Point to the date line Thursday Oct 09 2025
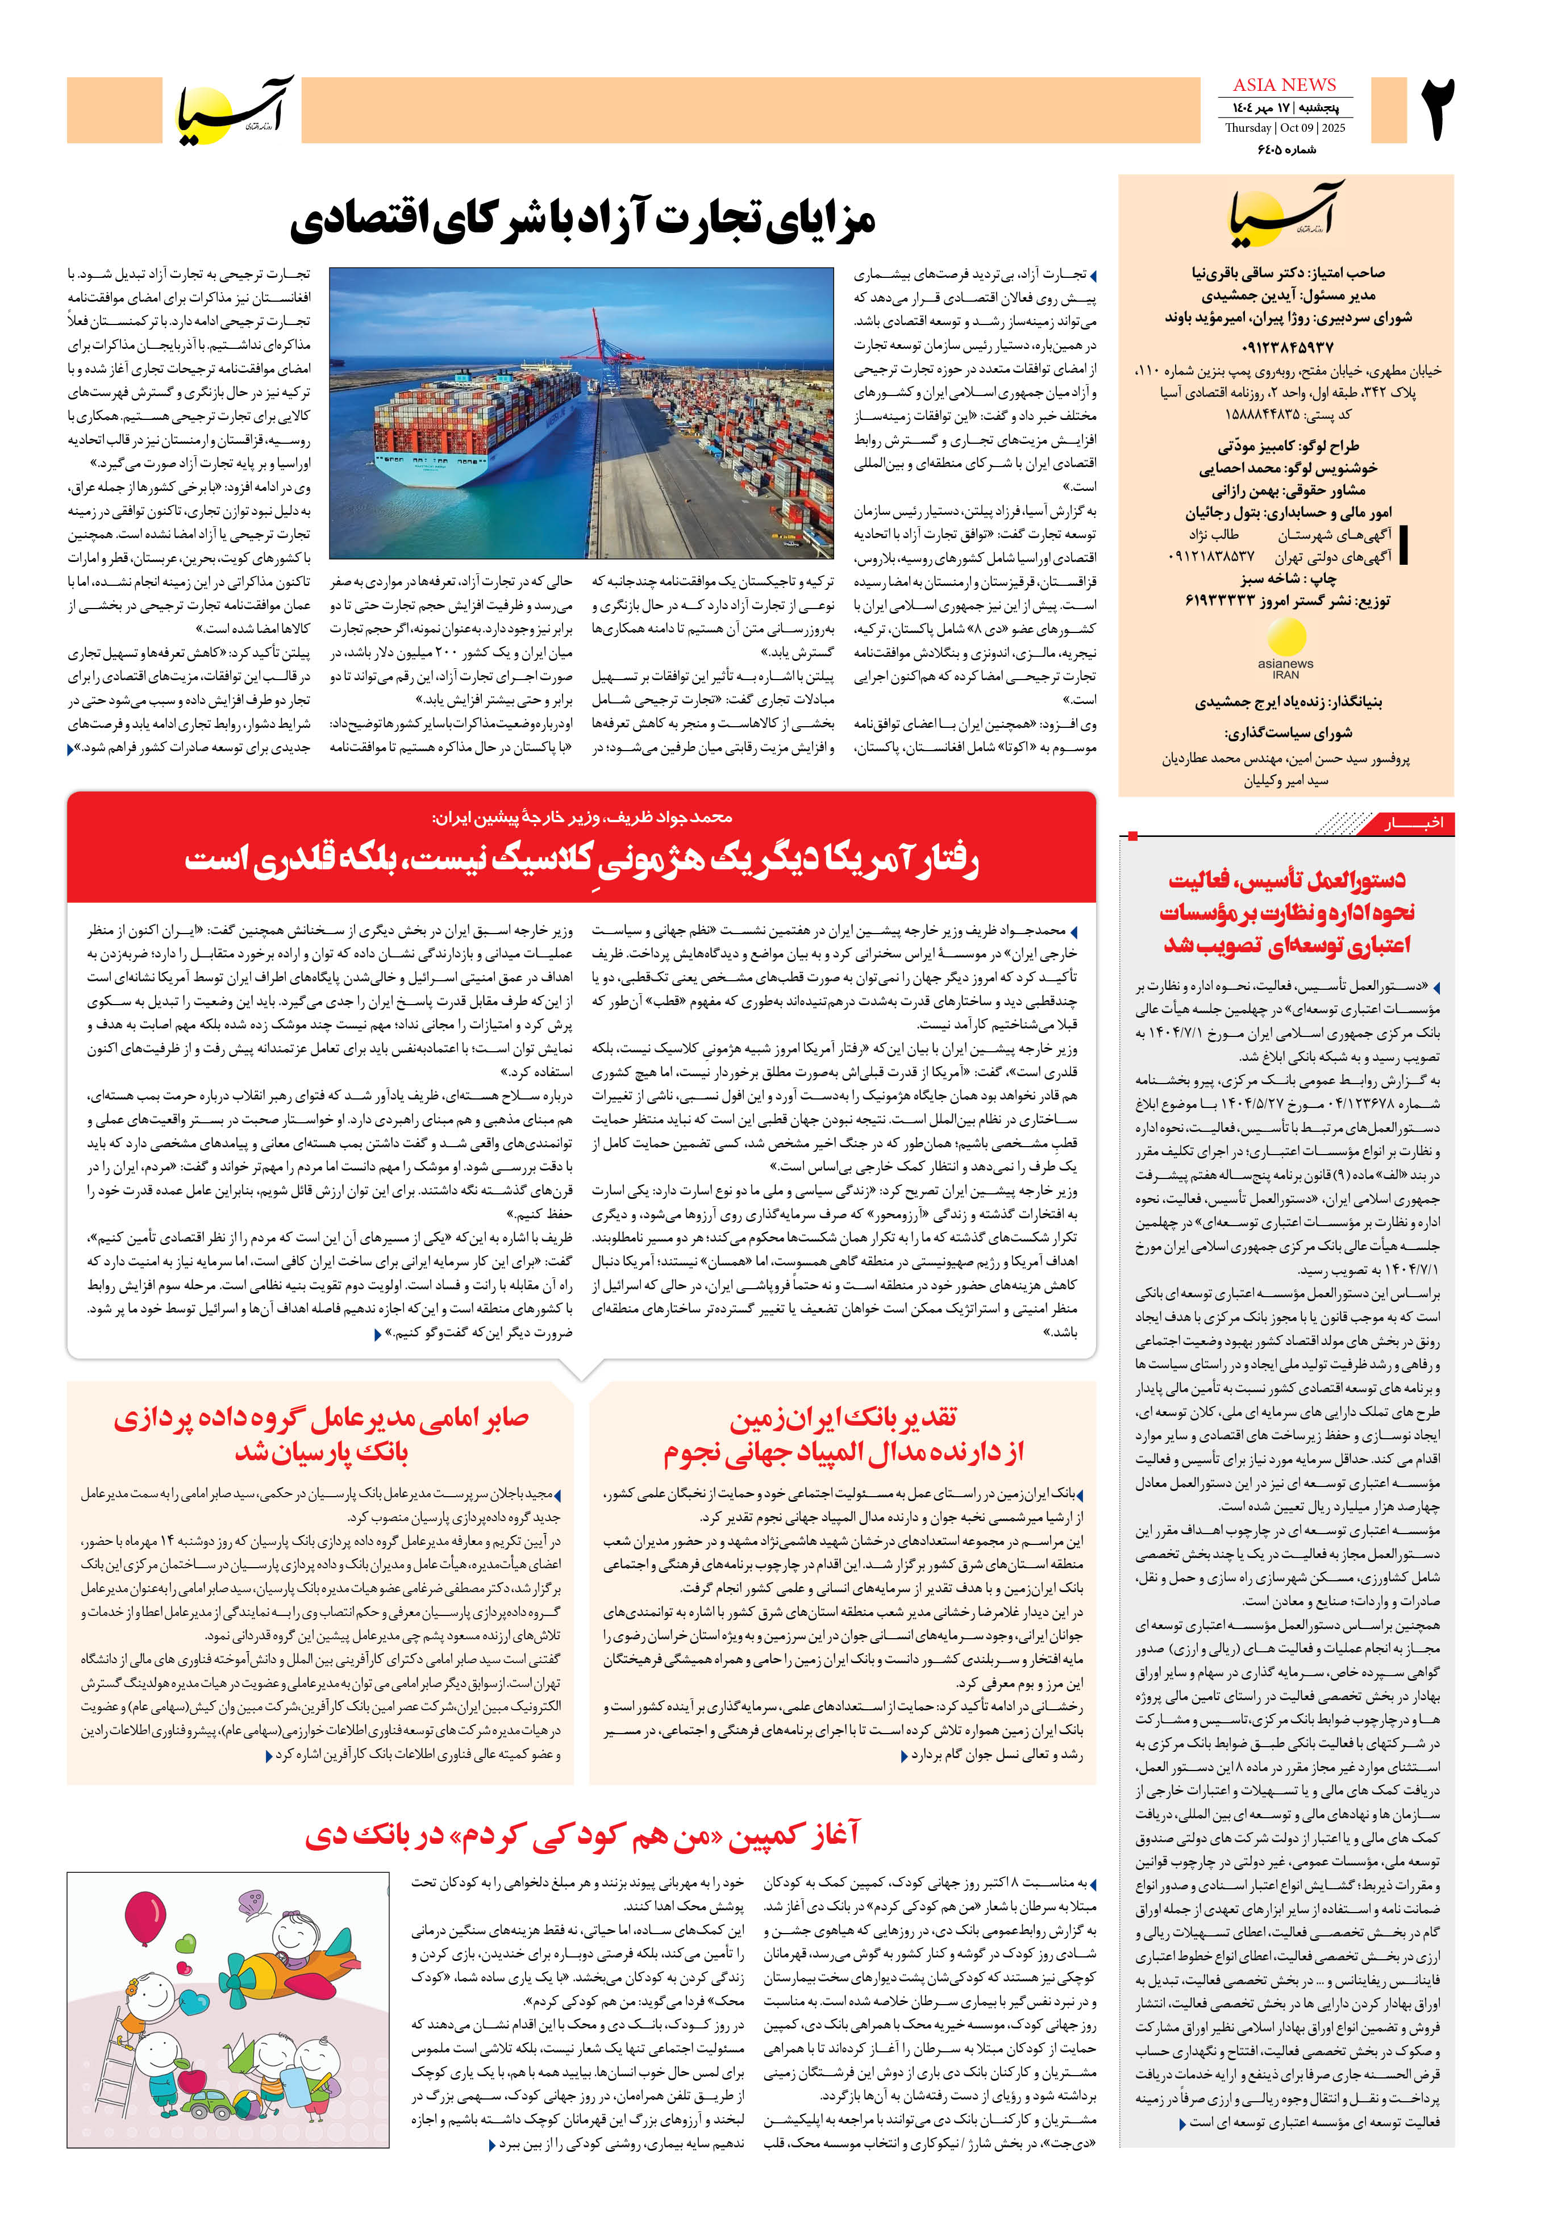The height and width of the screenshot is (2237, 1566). click(1284, 128)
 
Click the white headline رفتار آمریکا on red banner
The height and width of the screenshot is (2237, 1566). click(582, 859)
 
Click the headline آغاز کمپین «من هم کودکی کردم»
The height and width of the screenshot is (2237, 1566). click(582, 1836)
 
